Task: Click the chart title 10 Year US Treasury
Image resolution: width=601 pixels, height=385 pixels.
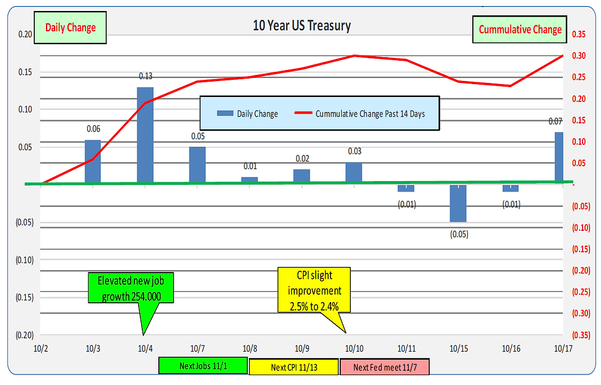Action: point(302,26)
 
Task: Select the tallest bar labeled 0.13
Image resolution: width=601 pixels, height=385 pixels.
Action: point(145,135)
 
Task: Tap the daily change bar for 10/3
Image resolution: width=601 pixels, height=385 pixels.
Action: point(93,161)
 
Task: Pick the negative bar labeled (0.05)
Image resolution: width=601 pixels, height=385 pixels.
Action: point(458,203)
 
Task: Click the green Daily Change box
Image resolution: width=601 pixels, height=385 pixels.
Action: point(71,28)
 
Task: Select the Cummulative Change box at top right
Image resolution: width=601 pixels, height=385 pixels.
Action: point(519,29)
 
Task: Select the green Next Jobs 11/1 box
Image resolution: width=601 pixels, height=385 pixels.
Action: point(203,366)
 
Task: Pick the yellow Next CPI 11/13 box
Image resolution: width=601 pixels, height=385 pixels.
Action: point(293,367)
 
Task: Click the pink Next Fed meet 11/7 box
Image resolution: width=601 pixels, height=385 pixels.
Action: point(384,367)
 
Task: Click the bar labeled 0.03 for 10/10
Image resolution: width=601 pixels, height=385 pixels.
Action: point(354,173)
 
